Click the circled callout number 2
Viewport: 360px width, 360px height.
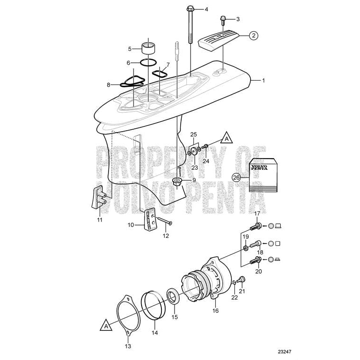253,35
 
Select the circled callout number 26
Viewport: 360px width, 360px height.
237,178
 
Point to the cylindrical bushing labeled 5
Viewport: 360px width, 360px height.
149,49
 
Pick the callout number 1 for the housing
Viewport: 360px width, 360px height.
264,81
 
